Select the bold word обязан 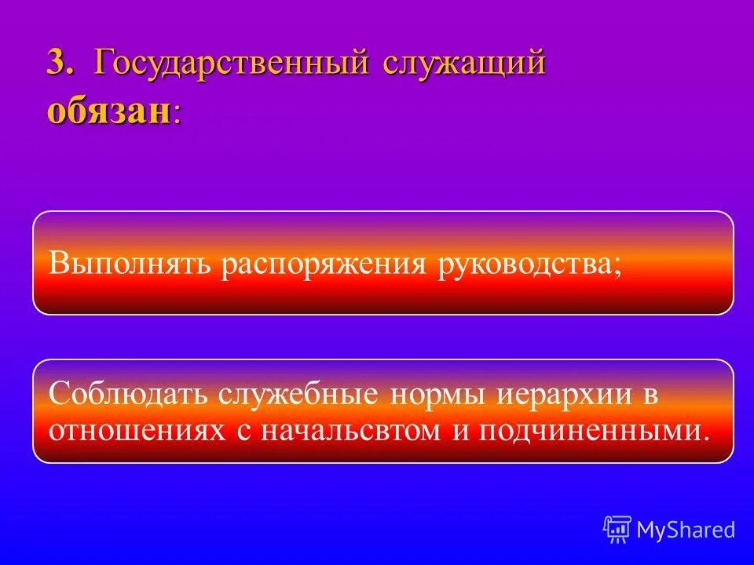[108, 111]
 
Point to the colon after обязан [177, 115]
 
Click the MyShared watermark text [685, 530]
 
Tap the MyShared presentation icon [617, 529]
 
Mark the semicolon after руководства [616, 267]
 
